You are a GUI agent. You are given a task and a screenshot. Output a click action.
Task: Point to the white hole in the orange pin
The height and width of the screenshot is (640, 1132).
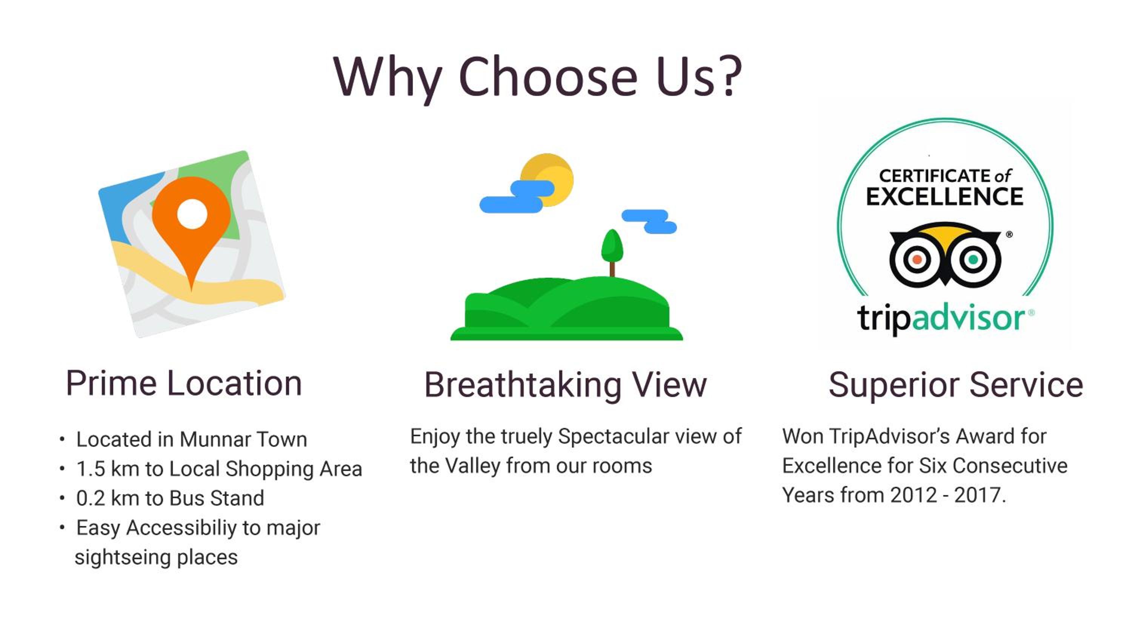(192, 214)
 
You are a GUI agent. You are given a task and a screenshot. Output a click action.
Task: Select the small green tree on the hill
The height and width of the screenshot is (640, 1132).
(612, 252)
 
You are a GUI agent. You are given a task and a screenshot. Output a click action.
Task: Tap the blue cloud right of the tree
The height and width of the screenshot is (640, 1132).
(649, 222)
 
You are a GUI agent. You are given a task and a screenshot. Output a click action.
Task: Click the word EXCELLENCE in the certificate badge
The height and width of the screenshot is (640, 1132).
(944, 196)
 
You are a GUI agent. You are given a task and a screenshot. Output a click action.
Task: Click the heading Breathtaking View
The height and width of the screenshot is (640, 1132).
(566, 385)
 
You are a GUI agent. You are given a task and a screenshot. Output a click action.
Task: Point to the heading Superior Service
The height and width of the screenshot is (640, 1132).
(956, 385)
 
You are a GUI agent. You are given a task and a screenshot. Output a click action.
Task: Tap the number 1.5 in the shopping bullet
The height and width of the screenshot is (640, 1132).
(91, 469)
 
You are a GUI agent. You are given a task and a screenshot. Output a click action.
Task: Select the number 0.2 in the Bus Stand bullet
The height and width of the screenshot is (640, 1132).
(91, 498)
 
